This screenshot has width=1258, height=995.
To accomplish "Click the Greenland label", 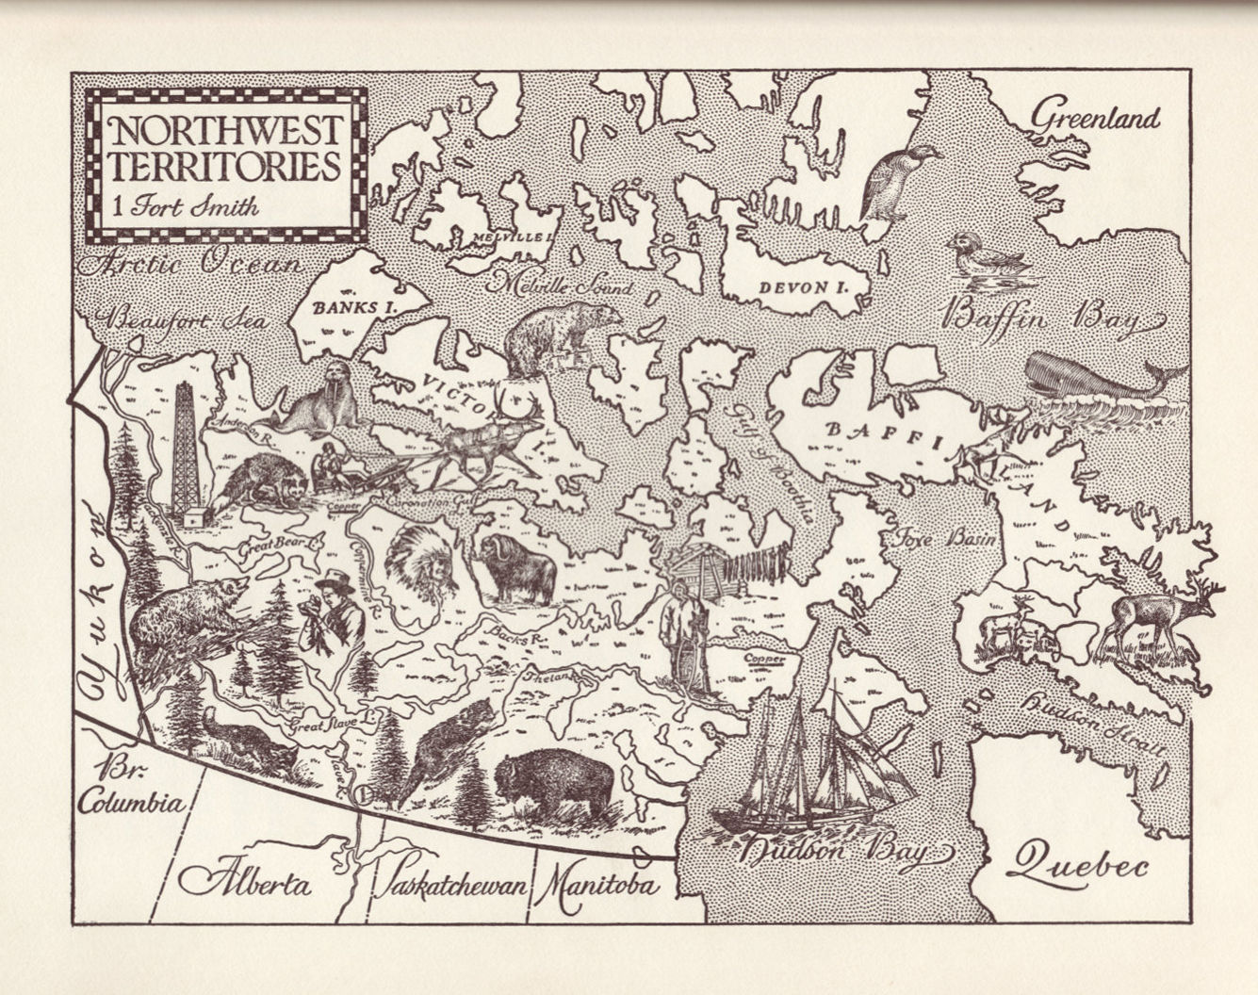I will pos(1095,118).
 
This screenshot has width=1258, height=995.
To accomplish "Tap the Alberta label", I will pos(246,883).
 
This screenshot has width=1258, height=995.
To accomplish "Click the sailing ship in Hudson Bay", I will pos(810,763).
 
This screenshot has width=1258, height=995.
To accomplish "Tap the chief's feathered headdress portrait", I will pos(421,563).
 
